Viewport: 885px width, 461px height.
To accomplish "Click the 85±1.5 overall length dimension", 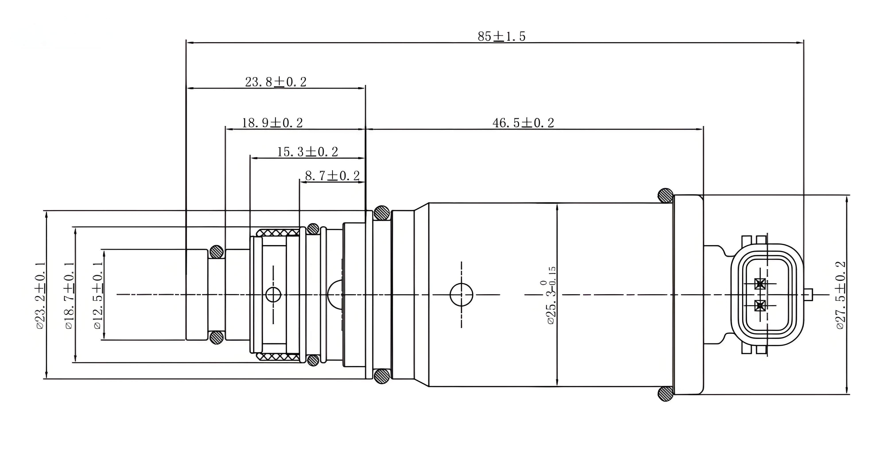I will (x=502, y=36).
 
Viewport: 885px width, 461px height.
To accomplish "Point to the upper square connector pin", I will (x=760, y=284).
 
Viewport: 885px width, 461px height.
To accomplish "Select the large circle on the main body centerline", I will (x=461, y=294).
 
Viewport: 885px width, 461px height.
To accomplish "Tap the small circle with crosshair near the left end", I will (x=274, y=294).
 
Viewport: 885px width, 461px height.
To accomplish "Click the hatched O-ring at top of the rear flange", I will (x=666, y=196).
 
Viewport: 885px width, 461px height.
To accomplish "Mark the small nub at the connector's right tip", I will (x=809, y=294).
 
